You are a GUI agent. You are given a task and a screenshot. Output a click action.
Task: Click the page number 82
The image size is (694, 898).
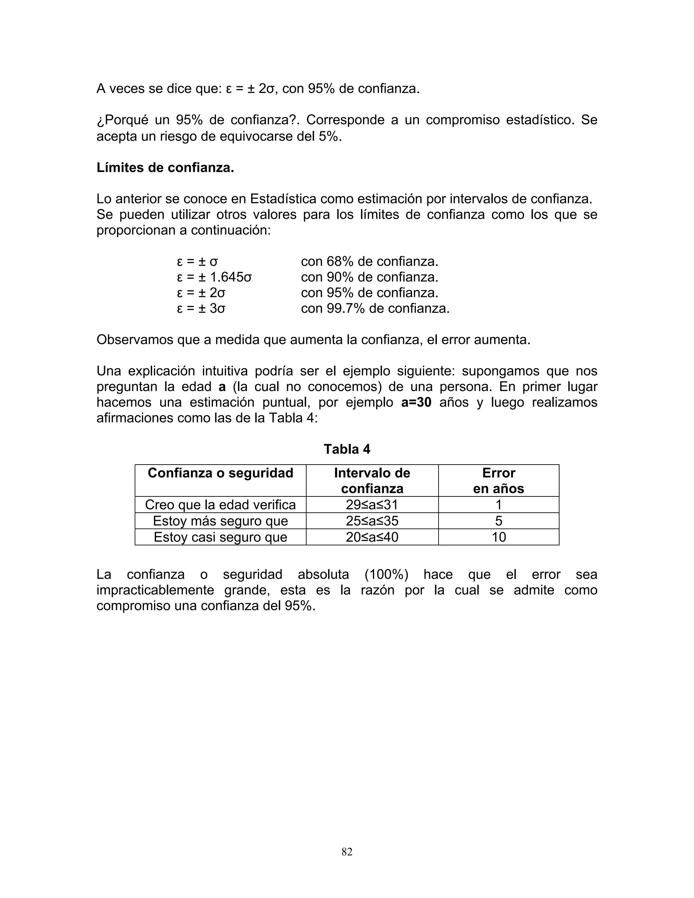pyautogui.click(x=347, y=852)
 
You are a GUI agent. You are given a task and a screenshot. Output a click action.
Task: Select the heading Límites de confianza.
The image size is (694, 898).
pyautogui.click(x=165, y=168)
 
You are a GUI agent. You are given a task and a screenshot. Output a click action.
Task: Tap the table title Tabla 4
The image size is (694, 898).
pyautogui.click(x=347, y=449)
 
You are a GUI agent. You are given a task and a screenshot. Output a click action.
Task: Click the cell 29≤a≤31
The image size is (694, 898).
pyautogui.click(x=372, y=505)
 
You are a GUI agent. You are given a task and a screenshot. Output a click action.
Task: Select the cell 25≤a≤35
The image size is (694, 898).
pyautogui.click(x=372, y=521)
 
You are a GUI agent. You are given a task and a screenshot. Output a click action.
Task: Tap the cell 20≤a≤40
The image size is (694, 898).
pyautogui.click(x=372, y=537)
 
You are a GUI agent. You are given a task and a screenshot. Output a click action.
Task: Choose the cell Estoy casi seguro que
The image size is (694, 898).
pyautogui.click(x=220, y=537)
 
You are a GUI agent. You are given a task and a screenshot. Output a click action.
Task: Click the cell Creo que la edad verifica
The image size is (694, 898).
pyautogui.click(x=220, y=505)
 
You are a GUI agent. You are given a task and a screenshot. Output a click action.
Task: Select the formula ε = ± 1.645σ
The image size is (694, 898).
pyautogui.click(x=214, y=277)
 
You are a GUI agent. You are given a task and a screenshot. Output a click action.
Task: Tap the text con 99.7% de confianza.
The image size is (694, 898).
pyautogui.click(x=375, y=308)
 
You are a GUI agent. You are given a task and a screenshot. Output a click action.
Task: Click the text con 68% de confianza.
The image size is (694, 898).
pyautogui.click(x=369, y=262)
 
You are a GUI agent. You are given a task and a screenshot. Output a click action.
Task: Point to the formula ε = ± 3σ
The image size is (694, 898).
pyautogui.click(x=201, y=308)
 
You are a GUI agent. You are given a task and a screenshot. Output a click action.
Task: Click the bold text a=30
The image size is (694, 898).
pyautogui.click(x=416, y=402)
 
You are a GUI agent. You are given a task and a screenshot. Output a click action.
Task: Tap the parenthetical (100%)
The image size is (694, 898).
pyautogui.click(x=386, y=574)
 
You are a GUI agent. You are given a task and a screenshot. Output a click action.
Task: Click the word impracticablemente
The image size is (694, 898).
pyautogui.click(x=155, y=590)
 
